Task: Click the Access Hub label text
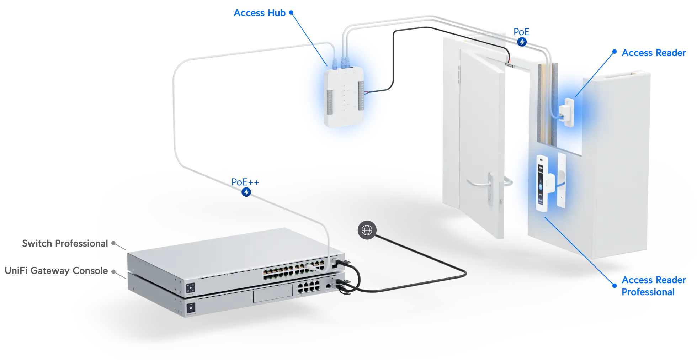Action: point(259,13)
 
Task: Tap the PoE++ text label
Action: point(245,182)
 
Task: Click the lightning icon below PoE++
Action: point(246,192)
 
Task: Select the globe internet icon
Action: point(367,231)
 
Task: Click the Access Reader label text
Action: point(654,53)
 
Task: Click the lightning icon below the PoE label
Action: point(522,42)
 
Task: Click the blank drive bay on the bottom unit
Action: point(271,295)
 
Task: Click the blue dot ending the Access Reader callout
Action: point(614,51)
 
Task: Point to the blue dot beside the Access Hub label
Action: point(290,12)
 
